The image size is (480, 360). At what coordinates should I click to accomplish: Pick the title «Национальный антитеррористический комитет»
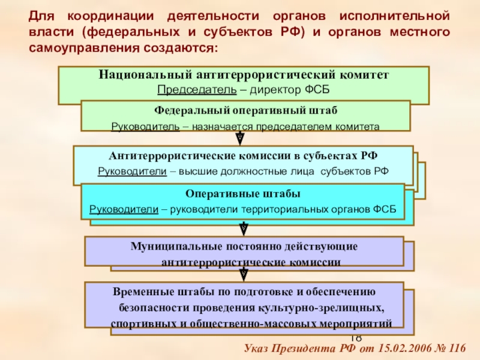click(x=244, y=76)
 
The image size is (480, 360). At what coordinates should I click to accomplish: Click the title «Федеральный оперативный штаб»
click(x=245, y=112)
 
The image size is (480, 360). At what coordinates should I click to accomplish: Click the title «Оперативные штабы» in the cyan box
click(x=243, y=195)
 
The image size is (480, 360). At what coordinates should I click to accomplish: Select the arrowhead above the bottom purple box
click(x=244, y=275)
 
